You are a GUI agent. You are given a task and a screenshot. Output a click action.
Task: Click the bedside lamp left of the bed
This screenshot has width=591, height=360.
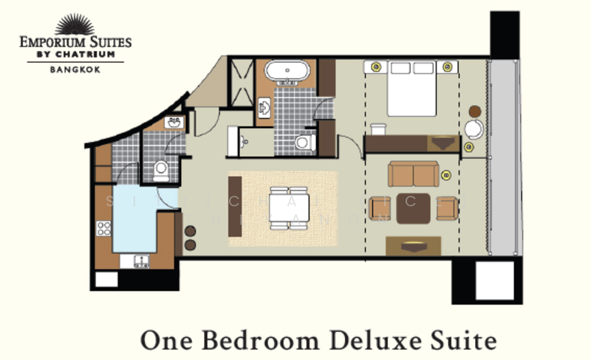tap(375, 67)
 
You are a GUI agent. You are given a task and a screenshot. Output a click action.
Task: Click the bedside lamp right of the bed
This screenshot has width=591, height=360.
tap(448, 67)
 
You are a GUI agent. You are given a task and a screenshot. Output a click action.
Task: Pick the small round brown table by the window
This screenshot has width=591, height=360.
tap(475, 111)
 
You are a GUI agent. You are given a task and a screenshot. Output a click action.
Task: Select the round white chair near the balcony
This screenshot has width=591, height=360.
tap(473, 129)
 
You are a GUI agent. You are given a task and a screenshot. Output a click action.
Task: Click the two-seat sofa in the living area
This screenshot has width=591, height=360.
tap(413, 174)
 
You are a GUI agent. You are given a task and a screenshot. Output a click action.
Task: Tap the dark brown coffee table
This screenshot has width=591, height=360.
tap(413, 208)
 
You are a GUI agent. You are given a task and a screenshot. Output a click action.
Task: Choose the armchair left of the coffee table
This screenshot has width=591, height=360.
tap(380, 208)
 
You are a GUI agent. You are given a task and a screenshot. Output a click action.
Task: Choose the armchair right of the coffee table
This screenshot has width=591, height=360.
tap(446, 208)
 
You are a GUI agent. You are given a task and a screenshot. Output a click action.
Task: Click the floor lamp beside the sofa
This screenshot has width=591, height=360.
tap(446, 176)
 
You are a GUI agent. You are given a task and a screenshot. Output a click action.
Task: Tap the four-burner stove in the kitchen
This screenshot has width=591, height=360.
tap(103, 228)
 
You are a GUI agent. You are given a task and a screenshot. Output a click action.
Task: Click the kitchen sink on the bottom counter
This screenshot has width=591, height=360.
tap(139, 260)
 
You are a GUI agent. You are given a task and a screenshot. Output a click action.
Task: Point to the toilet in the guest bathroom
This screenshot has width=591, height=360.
tap(160, 171)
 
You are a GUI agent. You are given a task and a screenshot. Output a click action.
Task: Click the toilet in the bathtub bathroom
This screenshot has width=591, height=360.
tap(303, 143)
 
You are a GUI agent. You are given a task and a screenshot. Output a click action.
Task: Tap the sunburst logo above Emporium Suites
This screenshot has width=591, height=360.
tap(75, 24)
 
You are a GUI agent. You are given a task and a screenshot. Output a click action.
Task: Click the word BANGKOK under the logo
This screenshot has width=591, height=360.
tap(75, 69)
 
